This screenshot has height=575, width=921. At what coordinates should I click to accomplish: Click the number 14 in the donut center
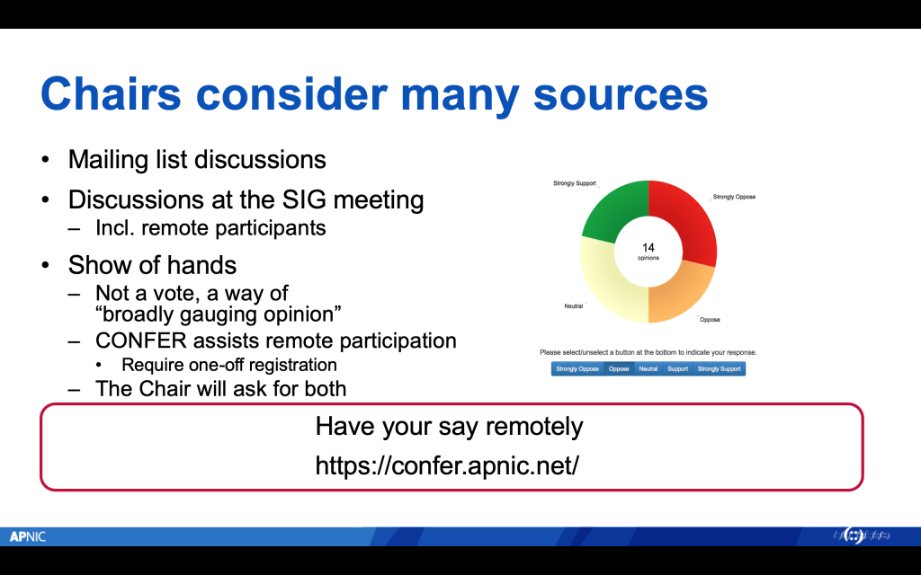click(x=648, y=246)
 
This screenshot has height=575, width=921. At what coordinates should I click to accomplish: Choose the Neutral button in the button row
click(x=648, y=368)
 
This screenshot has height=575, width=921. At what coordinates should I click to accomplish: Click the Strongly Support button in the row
click(x=720, y=368)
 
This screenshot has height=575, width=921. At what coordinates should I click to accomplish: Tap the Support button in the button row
click(x=677, y=368)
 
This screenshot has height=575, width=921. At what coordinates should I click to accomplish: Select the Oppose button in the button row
click(x=619, y=368)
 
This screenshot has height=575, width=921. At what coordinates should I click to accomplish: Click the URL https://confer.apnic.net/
click(x=447, y=465)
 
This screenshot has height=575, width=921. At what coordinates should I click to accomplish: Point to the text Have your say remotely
click(x=449, y=426)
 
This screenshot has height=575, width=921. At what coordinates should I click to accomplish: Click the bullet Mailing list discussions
click(x=196, y=160)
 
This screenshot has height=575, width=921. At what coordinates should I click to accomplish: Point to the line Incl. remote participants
click(x=210, y=227)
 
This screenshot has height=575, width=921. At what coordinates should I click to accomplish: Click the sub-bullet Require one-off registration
click(x=228, y=365)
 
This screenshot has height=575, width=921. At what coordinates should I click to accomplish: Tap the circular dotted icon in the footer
click(x=854, y=536)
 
